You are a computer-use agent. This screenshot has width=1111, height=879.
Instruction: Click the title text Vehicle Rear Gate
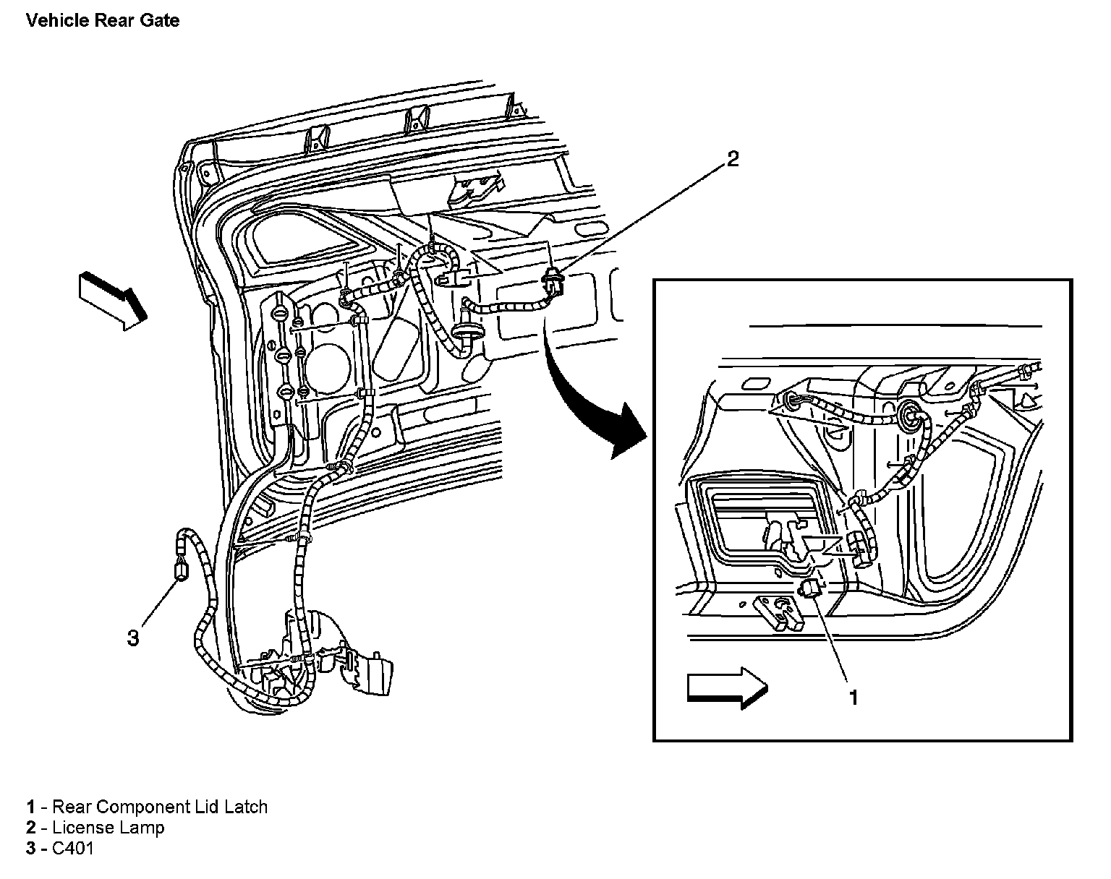tap(102, 20)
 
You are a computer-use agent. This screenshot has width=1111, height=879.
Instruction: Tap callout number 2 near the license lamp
tap(733, 159)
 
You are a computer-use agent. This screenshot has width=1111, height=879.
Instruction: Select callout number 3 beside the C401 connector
tap(133, 638)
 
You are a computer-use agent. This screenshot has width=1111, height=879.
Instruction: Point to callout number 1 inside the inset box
tap(854, 697)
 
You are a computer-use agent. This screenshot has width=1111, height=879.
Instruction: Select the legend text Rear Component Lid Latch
tap(160, 807)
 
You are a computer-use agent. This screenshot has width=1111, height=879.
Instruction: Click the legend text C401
tap(73, 848)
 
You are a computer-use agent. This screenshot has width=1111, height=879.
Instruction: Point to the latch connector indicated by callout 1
tap(810, 588)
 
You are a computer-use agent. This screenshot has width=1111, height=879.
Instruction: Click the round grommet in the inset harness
tap(909, 414)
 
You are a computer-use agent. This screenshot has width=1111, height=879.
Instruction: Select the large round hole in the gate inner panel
tap(326, 362)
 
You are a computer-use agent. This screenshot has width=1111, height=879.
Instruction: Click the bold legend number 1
tap(31, 807)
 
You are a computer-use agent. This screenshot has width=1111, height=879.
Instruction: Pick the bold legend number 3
tap(31, 848)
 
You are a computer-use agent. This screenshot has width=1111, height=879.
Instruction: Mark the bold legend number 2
tap(31, 827)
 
